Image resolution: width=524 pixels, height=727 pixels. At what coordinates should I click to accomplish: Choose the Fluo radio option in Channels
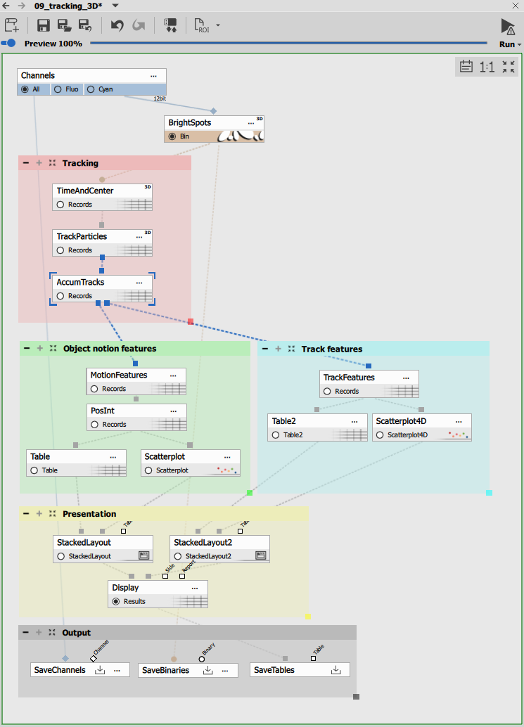(x=58, y=89)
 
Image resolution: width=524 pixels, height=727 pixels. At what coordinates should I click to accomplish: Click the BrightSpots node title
(x=189, y=122)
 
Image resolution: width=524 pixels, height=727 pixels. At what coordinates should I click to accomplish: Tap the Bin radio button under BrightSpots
(x=172, y=136)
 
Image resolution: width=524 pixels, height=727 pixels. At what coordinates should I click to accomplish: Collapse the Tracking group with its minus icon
(x=26, y=163)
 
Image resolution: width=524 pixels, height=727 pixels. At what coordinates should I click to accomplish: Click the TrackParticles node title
(x=82, y=236)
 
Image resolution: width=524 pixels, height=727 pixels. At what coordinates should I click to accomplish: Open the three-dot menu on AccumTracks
(x=139, y=283)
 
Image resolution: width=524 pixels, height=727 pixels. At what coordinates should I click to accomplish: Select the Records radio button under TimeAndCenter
(x=60, y=205)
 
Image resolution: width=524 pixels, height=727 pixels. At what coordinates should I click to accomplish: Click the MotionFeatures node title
(x=119, y=375)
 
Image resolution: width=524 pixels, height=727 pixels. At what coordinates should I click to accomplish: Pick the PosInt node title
(x=102, y=410)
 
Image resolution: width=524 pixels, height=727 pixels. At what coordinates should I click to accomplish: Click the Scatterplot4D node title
(x=401, y=420)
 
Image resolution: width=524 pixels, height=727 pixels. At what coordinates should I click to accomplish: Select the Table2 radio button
(x=276, y=435)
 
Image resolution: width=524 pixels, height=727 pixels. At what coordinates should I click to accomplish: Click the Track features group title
(x=331, y=349)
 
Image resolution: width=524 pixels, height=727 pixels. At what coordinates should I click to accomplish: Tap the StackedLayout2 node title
(x=203, y=542)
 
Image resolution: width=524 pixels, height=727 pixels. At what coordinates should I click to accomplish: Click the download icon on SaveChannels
(x=100, y=670)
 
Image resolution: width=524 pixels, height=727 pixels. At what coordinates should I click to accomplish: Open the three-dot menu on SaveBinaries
(x=225, y=670)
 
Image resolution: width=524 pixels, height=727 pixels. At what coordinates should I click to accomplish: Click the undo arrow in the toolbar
(x=117, y=26)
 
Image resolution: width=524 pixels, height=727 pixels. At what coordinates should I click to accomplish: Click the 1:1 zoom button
(x=487, y=67)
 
